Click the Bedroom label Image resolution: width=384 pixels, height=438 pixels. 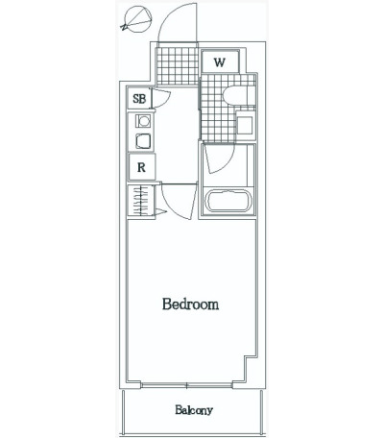coord(190,304)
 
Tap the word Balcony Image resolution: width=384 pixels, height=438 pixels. coord(194,410)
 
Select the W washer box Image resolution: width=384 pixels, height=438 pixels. coord(221,61)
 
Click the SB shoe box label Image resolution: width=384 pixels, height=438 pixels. coord(139,99)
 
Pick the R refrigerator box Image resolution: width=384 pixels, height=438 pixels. coord(142,167)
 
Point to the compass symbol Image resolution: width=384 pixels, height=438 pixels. coord(137,20)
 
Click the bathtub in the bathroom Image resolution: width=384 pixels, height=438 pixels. coord(228,201)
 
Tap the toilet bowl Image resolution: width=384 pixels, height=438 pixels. coord(239,95)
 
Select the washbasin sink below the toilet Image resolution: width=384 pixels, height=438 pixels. coord(246,124)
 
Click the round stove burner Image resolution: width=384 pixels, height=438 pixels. coord(143,121)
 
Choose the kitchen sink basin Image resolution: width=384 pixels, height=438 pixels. coord(142,141)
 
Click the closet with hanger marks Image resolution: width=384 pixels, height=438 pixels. coord(141,201)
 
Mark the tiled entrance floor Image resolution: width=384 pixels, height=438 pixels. coord(177,65)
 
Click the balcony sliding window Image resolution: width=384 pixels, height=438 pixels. coord(186,385)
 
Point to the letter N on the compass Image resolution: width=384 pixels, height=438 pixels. coord(123,27)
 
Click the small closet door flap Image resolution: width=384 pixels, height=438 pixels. coord(161,211)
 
